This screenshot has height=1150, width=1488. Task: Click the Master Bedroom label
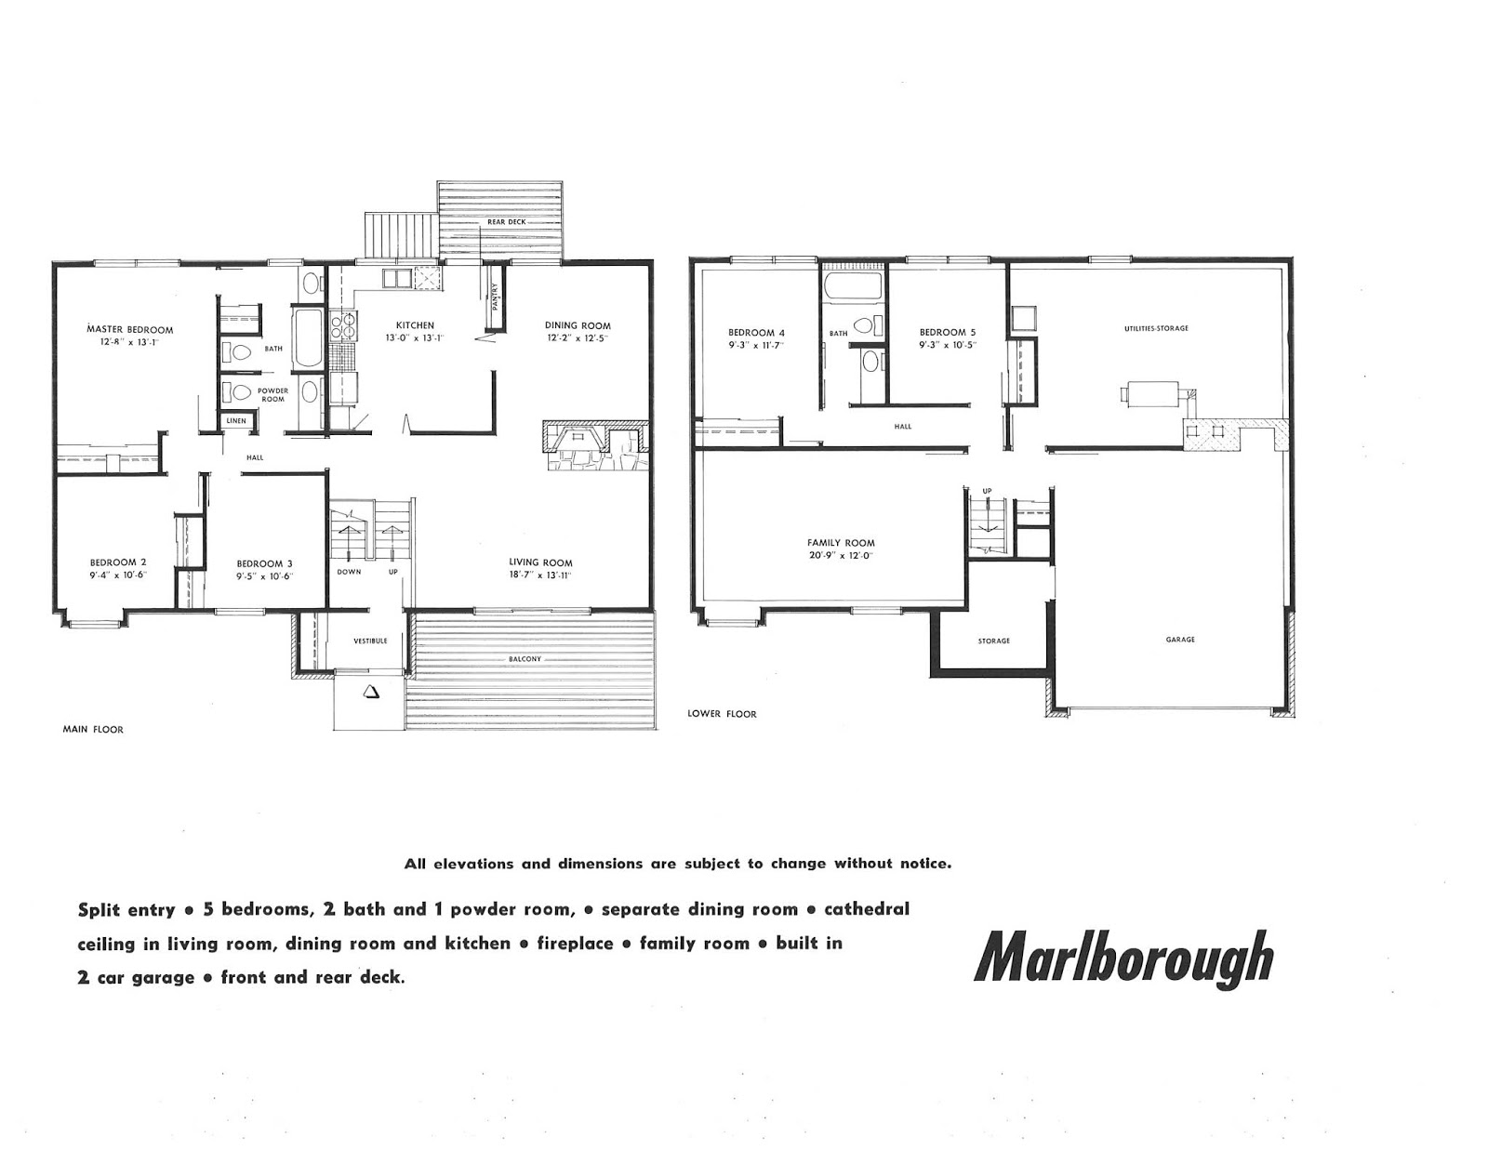click(x=130, y=329)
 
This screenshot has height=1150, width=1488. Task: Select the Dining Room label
click(x=578, y=325)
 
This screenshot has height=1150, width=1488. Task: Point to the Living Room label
click(x=540, y=562)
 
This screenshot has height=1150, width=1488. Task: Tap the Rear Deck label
click(x=507, y=223)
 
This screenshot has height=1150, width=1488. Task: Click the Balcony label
click(x=525, y=659)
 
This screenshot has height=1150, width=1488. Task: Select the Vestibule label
click(x=370, y=641)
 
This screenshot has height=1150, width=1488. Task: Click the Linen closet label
click(x=236, y=421)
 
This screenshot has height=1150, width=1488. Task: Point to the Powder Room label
click(x=272, y=394)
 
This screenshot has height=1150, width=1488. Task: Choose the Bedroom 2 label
click(x=118, y=562)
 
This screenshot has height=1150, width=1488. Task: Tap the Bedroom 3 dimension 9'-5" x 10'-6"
click(x=264, y=575)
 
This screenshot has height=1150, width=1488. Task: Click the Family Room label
click(x=841, y=543)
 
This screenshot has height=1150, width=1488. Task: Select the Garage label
click(x=1180, y=640)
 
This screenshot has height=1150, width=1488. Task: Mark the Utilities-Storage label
click(x=1156, y=328)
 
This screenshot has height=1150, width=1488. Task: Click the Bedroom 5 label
click(x=948, y=332)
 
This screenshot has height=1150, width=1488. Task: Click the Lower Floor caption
click(x=722, y=714)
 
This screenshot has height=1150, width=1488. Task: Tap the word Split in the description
click(x=100, y=909)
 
